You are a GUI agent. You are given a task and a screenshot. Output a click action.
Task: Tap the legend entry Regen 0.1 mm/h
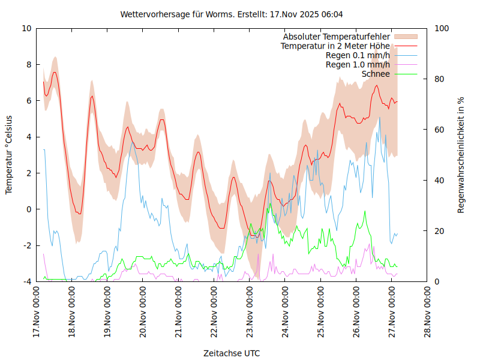coord(358,55)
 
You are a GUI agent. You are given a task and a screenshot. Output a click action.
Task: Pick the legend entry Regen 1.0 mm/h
coord(358,65)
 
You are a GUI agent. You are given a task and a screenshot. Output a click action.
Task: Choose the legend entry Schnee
coord(376,74)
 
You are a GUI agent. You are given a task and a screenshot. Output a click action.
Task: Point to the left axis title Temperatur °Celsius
coord(9,155)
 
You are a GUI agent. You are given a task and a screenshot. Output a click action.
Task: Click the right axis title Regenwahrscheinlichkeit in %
coord(461,155)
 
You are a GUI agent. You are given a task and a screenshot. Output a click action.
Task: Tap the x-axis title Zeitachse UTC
coord(232,353)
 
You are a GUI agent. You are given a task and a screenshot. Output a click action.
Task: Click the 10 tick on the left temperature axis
coord(27,28)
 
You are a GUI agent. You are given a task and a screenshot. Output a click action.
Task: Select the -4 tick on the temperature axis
coord(27,281)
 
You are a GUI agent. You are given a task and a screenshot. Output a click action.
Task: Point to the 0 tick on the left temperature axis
coord(29,209)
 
